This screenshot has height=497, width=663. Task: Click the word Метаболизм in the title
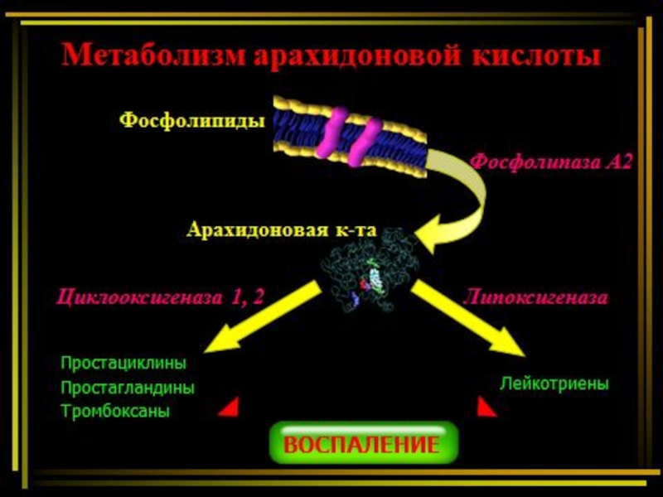(153, 54)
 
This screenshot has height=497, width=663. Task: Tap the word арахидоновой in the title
(357, 55)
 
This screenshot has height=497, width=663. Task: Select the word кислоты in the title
(535, 55)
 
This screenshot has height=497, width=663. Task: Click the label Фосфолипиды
(192, 121)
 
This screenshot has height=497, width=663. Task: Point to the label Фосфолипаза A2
(551, 162)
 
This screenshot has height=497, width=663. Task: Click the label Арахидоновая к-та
(281, 230)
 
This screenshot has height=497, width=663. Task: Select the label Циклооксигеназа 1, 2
(160, 297)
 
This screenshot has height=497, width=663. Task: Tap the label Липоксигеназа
(535, 297)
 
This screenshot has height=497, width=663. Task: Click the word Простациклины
(123, 364)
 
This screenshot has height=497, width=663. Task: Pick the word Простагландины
(128, 388)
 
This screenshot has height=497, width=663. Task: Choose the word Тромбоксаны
(115, 411)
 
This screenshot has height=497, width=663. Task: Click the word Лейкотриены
(554, 384)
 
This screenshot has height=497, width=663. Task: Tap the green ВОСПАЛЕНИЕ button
(364, 443)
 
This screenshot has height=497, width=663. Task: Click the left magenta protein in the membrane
(332, 133)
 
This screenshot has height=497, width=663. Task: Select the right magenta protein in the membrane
(364, 142)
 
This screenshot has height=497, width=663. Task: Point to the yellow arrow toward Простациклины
(263, 316)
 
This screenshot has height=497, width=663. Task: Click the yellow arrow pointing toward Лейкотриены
(467, 317)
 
